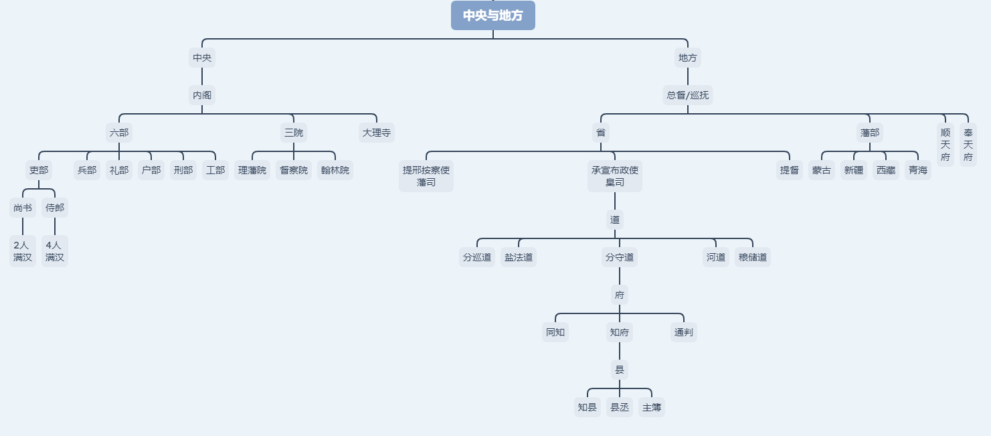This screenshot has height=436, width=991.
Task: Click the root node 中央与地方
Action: point(493,15)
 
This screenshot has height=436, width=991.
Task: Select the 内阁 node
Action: point(202,95)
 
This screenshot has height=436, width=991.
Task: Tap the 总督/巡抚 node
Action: point(688,95)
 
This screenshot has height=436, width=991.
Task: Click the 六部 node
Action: point(119,133)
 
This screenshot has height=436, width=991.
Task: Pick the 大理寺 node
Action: point(377,133)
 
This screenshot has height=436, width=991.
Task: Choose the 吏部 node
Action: point(39,170)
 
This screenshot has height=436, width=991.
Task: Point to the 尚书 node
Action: point(23,208)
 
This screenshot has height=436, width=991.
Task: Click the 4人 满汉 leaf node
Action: point(55,251)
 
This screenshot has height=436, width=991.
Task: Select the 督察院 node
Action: point(294,170)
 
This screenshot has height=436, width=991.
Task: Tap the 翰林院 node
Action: point(335,170)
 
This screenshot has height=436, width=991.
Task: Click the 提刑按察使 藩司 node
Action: point(426,176)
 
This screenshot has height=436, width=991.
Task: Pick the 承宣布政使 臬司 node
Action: point(615,176)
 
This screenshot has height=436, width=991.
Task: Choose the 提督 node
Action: point(790,170)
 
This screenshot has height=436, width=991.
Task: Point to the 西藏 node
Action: point(886,170)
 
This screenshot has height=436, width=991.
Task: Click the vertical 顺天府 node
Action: point(945,145)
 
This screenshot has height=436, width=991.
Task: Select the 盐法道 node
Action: point(519,257)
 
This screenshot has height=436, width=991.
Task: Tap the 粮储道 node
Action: point(753,257)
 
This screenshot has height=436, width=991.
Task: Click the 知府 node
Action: point(620,332)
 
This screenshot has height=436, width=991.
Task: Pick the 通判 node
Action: point(684,332)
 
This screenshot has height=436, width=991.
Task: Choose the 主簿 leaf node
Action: point(652,407)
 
